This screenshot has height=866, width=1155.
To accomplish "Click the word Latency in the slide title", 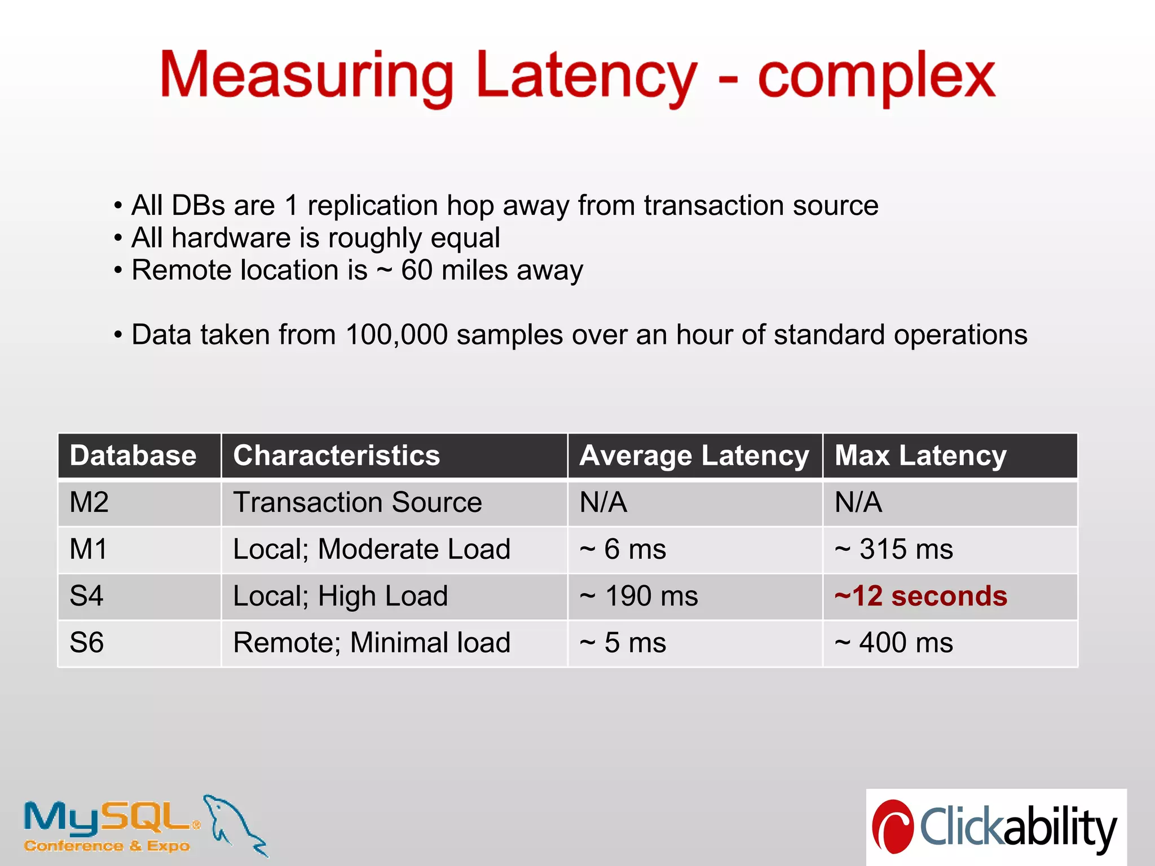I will [587, 76].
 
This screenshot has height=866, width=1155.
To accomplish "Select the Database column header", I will [133, 456].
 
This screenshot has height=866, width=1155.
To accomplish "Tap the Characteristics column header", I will [336, 456].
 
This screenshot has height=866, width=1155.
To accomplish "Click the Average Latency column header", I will [694, 456].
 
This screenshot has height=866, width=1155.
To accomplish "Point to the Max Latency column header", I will [920, 456].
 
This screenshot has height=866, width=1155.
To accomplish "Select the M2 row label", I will [89, 502].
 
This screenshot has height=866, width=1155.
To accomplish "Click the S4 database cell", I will [87, 596].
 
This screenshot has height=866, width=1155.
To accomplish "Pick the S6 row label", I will [87, 643].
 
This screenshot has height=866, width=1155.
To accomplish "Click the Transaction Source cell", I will [358, 502].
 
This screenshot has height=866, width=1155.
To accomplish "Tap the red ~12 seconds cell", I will [921, 596].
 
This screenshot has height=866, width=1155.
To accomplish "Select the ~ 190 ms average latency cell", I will [639, 596].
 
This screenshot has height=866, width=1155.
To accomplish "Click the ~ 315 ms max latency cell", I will [894, 549].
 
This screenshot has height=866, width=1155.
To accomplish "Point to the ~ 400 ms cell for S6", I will [894, 643].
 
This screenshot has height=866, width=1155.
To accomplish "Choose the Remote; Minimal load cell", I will [372, 643].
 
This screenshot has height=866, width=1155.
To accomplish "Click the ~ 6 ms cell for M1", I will [623, 549].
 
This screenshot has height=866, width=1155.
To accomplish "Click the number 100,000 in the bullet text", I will [396, 335].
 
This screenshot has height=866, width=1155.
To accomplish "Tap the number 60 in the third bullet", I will [417, 270].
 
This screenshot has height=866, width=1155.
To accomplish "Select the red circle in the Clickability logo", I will [893, 827].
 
